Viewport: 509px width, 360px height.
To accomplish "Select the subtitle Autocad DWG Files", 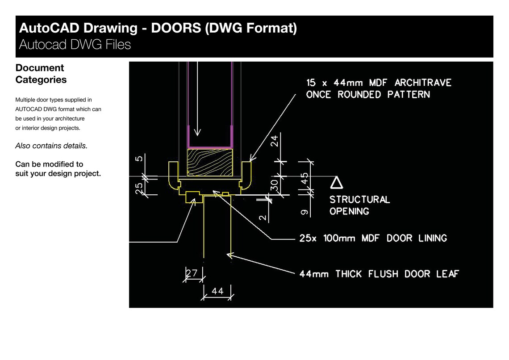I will tap(75, 45).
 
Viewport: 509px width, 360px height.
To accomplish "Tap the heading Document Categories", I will tap(41, 74).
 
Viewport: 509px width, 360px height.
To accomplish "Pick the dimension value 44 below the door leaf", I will tap(217, 291).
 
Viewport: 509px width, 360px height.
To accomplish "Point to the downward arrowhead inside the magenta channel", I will tap(197, 132).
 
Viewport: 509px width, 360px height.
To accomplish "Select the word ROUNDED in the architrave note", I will tap(359, 95).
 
